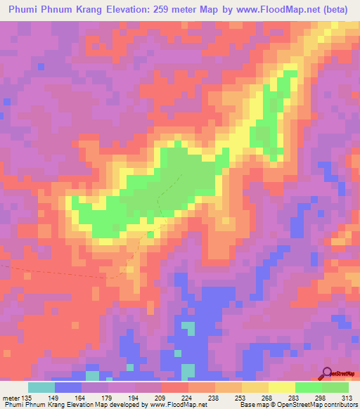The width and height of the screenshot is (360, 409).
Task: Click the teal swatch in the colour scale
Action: click(x=41, y=387)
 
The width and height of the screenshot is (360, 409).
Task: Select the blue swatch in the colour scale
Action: click(x=68, y=387)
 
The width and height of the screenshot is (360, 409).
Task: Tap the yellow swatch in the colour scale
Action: click(x=282, y=387)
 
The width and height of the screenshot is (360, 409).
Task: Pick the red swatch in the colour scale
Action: click(x=175, y=387)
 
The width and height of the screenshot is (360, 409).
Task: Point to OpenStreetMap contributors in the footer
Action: click(x=320, y=405)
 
